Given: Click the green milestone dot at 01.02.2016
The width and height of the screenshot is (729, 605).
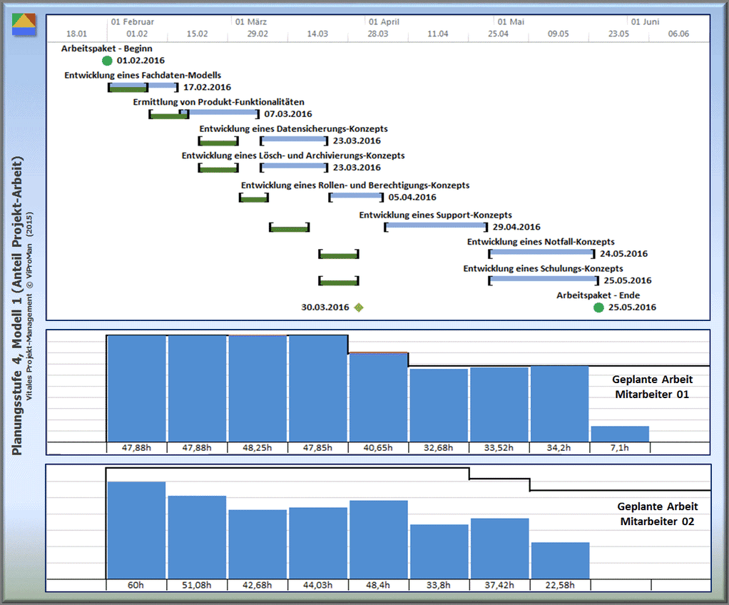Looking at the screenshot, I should [107, 61].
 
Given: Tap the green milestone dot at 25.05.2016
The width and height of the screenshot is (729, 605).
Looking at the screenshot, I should [598, 307].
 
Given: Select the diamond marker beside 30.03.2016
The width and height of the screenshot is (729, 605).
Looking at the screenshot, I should [359, 307].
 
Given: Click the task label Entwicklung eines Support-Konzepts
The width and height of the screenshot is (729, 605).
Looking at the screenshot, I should [435, 215].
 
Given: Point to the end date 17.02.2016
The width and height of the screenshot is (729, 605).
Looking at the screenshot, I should [207, 88].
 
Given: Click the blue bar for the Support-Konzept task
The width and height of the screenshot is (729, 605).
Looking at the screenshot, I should [436, 226].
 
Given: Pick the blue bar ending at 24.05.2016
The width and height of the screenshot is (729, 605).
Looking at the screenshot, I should [542, 253].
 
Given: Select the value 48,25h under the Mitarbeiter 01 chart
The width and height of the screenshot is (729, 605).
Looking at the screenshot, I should [258, 448].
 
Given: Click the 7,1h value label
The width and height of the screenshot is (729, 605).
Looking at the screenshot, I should [620, 448].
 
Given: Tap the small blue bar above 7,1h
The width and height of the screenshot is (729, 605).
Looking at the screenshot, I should [620, 434].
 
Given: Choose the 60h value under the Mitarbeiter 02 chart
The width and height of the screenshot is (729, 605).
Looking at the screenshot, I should [136, 584].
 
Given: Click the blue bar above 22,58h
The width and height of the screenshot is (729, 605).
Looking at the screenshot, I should [560, 560].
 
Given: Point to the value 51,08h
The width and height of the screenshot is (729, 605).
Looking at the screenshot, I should [197, 584].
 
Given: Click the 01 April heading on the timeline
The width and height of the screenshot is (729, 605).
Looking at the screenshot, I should [384, 22].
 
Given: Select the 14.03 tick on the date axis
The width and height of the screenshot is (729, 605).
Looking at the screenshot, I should [317, 34].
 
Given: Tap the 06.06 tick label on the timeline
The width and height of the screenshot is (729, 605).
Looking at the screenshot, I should [678, 34].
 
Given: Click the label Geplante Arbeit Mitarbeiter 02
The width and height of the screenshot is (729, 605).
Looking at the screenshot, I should [657, 514].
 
